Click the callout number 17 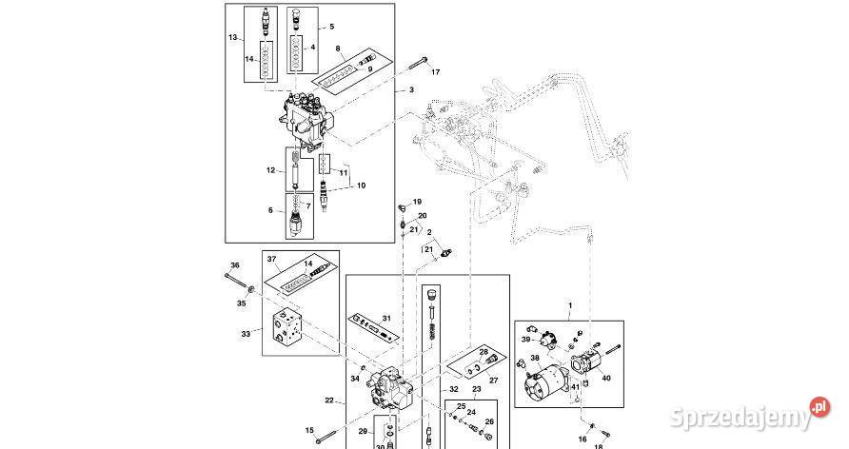(436, 72)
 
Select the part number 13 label (232, 37)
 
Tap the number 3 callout (411, 90)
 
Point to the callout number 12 (270, 171)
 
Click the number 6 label (270, 210)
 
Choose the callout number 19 (417, 202)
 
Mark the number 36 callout (235, 264)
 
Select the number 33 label (246, 334)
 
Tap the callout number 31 (386, 317)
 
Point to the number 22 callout (329, 400)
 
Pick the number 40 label (607, 377)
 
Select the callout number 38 (535, 359)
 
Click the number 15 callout (309, 431)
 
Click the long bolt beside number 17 (415, 66)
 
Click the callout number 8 (337, 49)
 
